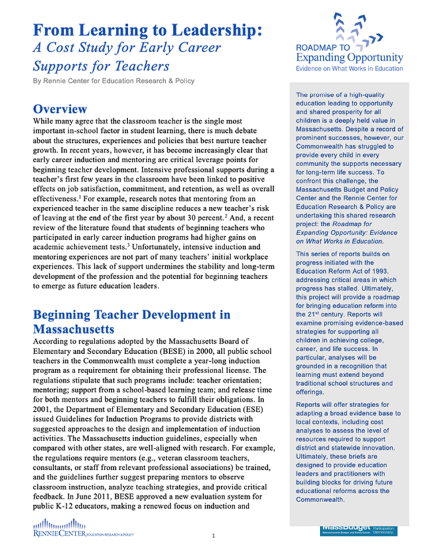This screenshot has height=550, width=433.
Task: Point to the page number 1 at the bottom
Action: click(213, 535)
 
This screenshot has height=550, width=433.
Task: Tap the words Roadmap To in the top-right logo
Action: click(326, 48)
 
